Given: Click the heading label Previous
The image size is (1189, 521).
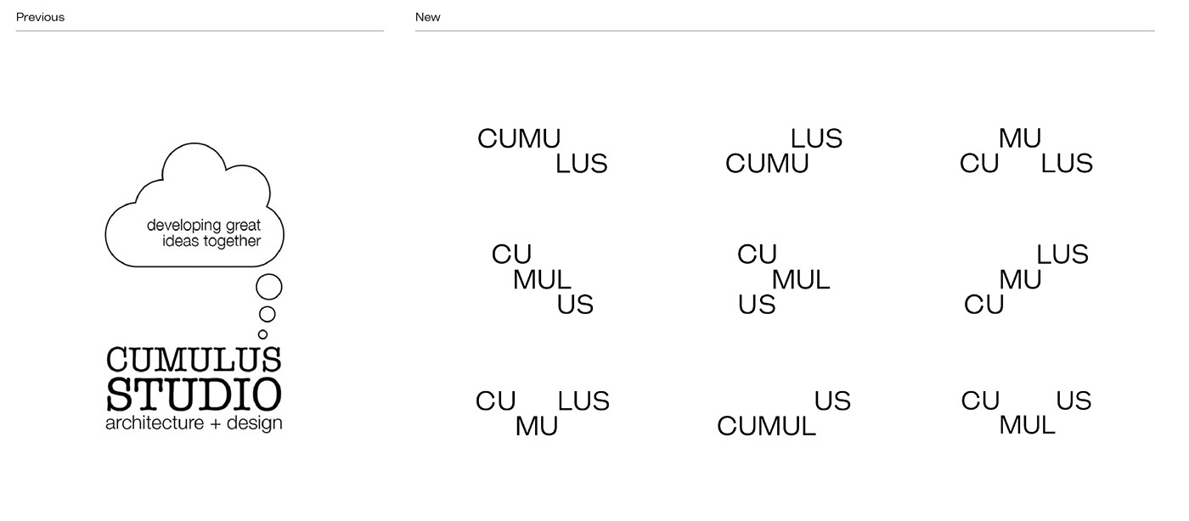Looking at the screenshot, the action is point(41,17).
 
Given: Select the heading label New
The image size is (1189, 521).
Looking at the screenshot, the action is point(428,17).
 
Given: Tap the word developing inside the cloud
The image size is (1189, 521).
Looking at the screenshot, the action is point(184,226).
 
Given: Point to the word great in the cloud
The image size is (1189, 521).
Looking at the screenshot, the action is point(244,226).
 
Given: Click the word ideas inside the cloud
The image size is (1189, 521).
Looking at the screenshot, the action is point(181,241).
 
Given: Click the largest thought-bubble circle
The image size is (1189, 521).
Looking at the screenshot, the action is point(269,287).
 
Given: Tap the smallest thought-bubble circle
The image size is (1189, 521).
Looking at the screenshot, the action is point(262,334).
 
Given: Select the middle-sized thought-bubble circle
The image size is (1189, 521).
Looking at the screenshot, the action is point(267,314).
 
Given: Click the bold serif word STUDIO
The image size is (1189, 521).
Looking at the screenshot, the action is point(194,395).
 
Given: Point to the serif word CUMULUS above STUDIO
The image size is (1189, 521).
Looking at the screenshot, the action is point(194,359).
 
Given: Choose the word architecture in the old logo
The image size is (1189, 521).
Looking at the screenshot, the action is point(155,423).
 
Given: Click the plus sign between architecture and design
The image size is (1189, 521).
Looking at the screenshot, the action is point(215,424).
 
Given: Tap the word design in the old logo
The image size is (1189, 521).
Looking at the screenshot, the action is point(254,423).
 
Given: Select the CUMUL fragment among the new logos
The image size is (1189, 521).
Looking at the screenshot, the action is point(766,426).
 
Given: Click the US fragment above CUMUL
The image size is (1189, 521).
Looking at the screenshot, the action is point(833,401).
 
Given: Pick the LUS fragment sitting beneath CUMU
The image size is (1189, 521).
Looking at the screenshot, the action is point(581,164).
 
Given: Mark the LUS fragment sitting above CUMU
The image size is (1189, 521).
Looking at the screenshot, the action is point(816,138).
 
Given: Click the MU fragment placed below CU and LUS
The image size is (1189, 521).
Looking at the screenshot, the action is point(537,426).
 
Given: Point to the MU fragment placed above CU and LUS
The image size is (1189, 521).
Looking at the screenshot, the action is point(1020,138).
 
